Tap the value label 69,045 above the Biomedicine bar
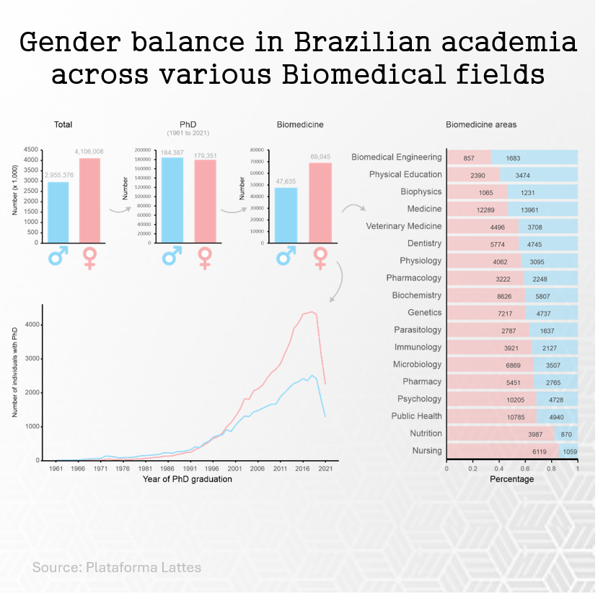[x=320, y=156]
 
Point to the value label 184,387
[x=172, y=152]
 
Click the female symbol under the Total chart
[x=90, y=258]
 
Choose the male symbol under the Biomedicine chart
[x=286, y=256]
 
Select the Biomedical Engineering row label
[x=396, y=157]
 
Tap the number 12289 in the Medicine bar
[x=485, y=210]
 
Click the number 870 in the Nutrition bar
[x=566, y=434]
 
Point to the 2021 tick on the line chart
[x=325, y=469]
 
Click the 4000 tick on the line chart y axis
[x=32, y=324]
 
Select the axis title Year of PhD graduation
[x=187, y=479]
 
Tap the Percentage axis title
[x=511, y=479]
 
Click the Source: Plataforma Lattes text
[x=116, y=567]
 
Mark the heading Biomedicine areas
[x=480, y=124]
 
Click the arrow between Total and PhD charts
[x=119, y=210]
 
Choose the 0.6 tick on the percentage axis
[x=526, y=468]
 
